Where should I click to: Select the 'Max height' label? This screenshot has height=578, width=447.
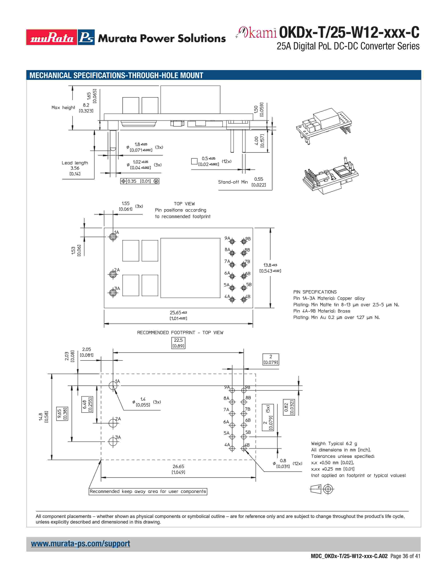63,107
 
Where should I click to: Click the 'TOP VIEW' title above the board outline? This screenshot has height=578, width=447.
184,204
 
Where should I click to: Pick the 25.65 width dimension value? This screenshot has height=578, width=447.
176,312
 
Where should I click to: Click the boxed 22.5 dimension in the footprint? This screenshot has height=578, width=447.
178,343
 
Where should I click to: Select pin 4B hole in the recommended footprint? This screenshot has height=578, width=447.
244,448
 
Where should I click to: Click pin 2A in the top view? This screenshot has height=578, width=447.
113,274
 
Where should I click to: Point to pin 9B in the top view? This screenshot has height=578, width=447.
244,241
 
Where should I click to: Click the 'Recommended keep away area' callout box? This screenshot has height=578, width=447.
148,491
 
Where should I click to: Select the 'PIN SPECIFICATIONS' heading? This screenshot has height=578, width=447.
315,292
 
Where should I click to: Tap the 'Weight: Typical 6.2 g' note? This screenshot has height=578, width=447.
334,443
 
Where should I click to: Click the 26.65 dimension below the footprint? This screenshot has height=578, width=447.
178,466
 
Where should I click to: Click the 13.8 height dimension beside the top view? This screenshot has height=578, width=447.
267,265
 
